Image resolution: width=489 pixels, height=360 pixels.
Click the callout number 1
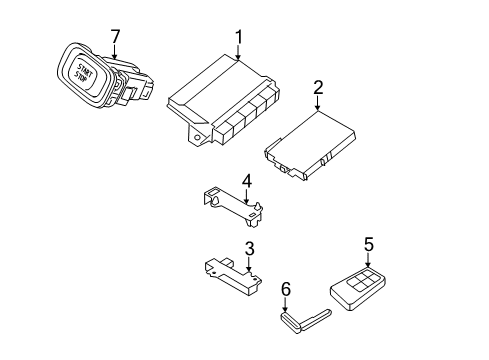pyautogui.click(x=240, y=39)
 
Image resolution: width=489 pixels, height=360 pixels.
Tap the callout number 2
pyautogui.click(x=318, y=88)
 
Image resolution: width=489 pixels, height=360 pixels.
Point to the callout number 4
pyautogui.click(x=246, y=181)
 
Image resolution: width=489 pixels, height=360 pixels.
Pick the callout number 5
pyautogui.click(x=368, y=243)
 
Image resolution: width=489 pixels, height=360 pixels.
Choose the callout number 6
pyautogui.click(x=285, y=289)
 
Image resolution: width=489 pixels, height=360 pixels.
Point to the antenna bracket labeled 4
pyautogui.click(x=230, y=213)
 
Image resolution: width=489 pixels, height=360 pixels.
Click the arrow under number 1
pyautogui.click(x=240, y=55)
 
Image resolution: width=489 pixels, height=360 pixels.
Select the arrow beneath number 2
pyautogui.click(x=318, y=104)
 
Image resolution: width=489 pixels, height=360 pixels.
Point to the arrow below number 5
pyautogui.click(x=367, y=259)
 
